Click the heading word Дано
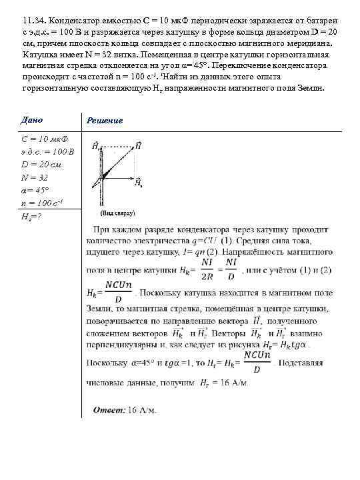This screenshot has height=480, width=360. pos(32,120)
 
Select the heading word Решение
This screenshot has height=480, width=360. pos(105,120)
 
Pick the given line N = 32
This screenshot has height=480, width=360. pos(34,177)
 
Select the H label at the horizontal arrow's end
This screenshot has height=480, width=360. pos(137,180)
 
